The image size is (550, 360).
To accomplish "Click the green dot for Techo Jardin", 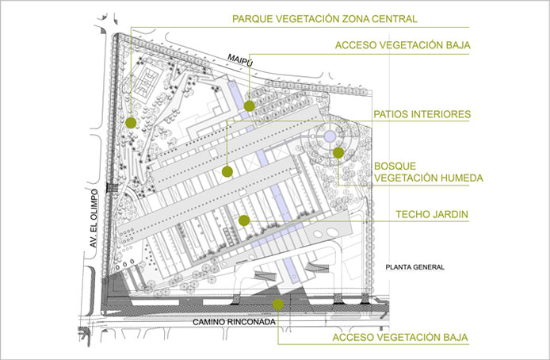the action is click(244, 220).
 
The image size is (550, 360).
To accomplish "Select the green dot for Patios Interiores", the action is click(227, 171).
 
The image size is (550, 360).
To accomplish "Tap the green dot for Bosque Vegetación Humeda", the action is click(338, 152).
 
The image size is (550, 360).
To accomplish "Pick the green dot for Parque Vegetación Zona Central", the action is click(131, 122).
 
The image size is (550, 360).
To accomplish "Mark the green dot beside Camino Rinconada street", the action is click(278, 304).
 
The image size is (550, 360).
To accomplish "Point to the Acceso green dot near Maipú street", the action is click(250, 105).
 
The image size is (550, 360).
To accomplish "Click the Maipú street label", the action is click(240, 60).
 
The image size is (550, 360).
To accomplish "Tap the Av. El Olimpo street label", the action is click(94, 218).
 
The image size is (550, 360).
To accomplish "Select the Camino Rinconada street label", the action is click(234, 322).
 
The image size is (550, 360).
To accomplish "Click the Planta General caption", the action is click(415, 267).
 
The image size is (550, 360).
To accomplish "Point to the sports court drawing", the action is click(147, 83).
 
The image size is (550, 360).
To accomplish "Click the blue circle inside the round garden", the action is click(330, 136).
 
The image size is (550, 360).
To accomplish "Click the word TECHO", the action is click(414, 214).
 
